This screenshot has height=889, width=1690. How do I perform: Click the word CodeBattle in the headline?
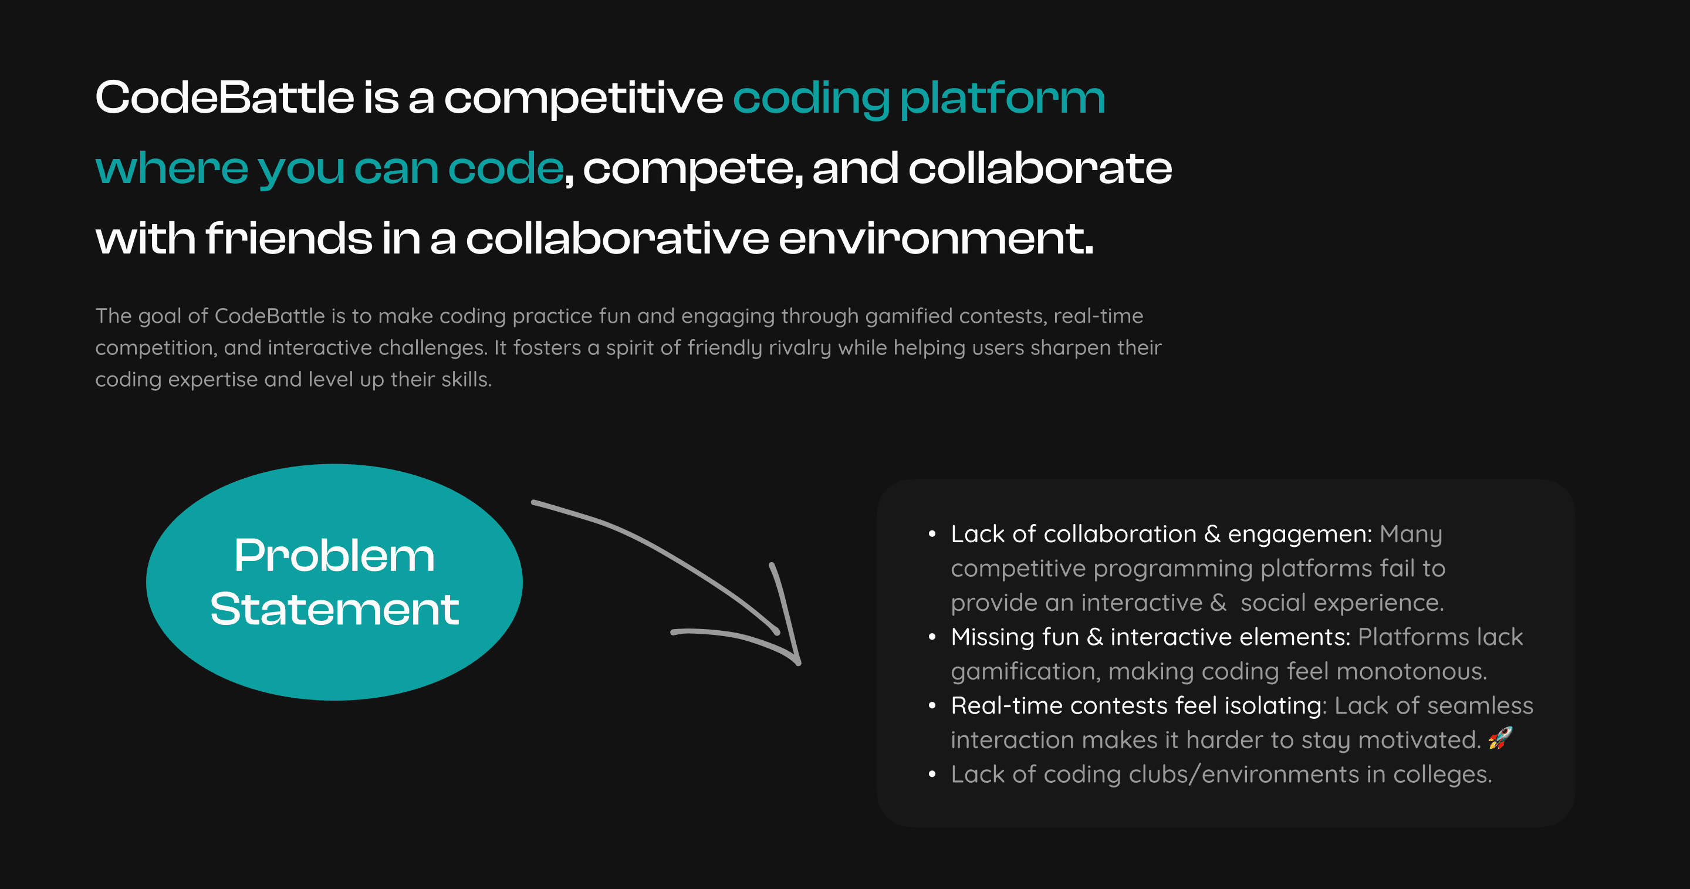click(225, 98)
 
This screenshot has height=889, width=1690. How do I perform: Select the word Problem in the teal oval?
click(334, 556)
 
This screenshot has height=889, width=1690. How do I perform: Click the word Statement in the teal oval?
click(334, 610)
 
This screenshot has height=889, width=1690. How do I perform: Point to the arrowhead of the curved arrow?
click(799, 662)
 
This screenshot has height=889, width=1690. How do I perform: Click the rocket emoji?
click(1500, 738)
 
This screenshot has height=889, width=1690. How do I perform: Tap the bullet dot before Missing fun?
click(932, 637)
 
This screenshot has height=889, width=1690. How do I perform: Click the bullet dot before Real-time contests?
click(932, 706)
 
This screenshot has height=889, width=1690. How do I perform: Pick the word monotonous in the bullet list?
click(1411, 672)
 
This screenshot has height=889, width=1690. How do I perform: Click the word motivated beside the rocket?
click(1419, 741)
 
